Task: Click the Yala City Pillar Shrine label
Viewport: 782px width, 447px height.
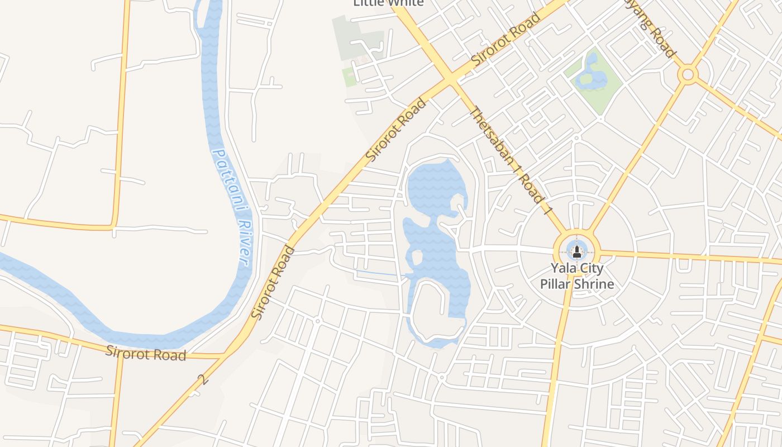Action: tap(577, 276)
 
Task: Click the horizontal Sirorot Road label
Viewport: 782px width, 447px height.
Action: tap(146, 354)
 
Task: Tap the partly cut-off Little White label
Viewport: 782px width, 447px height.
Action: tap(389, 3)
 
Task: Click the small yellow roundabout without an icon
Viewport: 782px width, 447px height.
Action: tap(688, 74)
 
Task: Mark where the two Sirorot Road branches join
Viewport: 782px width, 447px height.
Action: tap(226, 354)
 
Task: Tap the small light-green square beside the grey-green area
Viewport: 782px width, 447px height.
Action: tap(349, 77)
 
